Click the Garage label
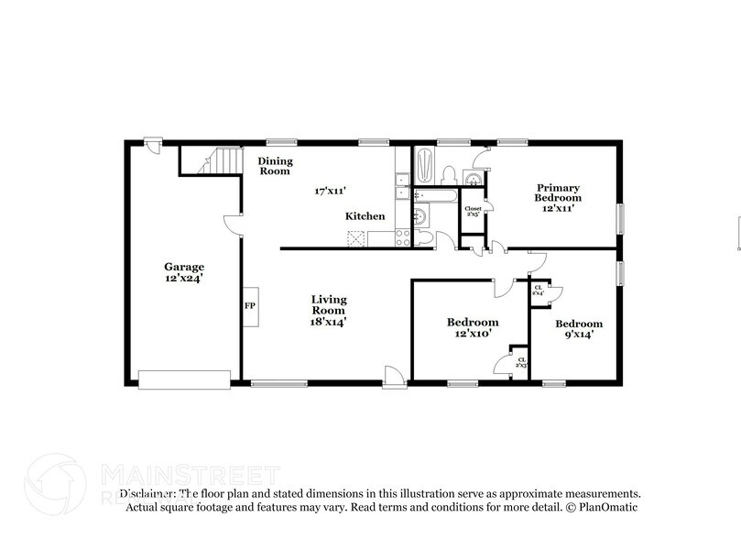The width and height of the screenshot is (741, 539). coord(184,272)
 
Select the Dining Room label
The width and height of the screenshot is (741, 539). coord(274,166)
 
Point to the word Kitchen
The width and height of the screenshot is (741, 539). coord(365,216)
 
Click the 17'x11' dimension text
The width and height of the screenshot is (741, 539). coord(331,191)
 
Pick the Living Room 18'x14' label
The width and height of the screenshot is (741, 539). coord(328,310)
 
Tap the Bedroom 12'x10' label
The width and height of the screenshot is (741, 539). coord(473,327)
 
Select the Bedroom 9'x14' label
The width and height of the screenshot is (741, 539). coord(579,329)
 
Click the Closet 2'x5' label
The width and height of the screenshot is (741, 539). coord(473,212)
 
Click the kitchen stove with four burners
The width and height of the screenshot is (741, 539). coord(401,238)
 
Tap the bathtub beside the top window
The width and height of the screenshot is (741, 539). coord(424,166)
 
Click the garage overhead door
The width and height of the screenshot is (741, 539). coord(184,379)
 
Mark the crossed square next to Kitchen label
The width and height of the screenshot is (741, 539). coord(356,238)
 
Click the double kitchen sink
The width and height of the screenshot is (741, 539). coord(401,186)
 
